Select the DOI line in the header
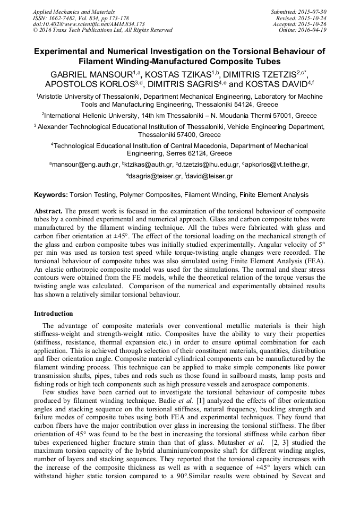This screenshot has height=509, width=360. (89, 24)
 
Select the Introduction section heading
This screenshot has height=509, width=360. (54, 314)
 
